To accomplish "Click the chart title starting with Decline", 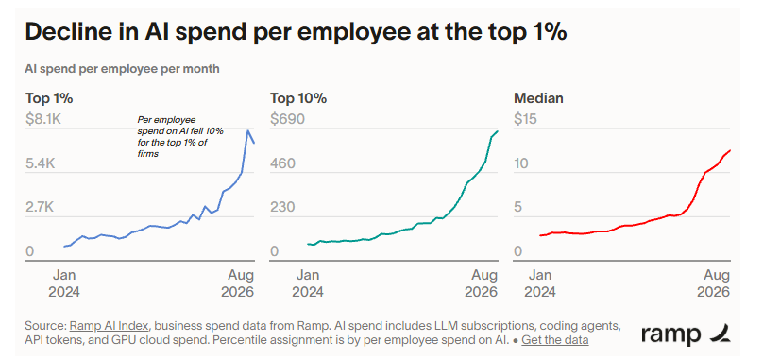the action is coord(296,32).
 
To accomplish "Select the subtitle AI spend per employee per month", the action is coord(122,69).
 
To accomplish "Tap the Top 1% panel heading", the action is coord(49,98).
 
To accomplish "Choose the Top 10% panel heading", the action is coord(298,98).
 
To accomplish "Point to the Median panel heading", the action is coord(538,98).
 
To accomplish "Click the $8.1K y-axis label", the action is coord(43,119).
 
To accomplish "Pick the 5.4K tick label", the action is coord(40,163).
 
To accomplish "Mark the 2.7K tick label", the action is coord(40,208).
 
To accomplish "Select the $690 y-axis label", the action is coord(287,119).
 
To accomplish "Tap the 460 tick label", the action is coord(282,163).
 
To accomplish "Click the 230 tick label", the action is coord(282,208).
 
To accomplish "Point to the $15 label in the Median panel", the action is coord(526,119).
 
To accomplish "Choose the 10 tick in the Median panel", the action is coord(521,163).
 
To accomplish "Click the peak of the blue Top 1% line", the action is coord(248,130).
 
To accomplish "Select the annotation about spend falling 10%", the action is coord(180,136).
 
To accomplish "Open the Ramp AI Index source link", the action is coord(109,325).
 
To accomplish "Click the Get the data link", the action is coord(554,339).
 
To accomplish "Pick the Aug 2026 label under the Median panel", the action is coord(713,283).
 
